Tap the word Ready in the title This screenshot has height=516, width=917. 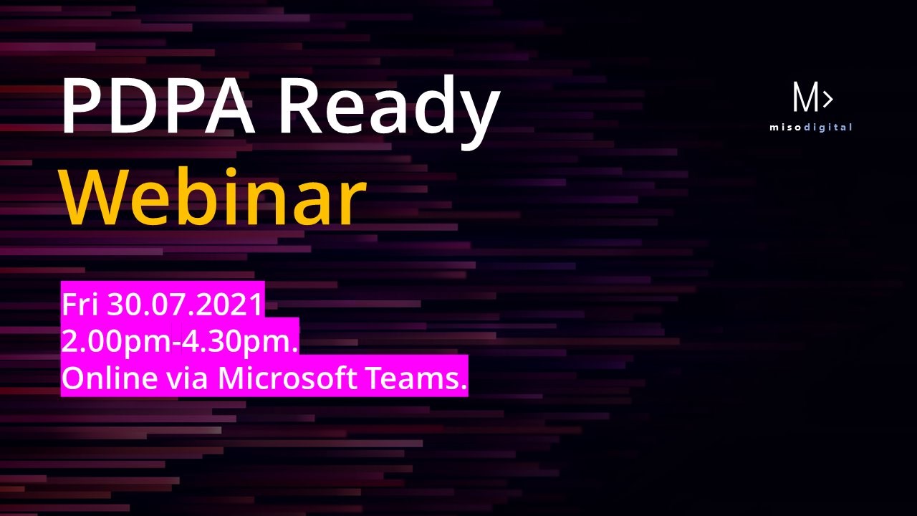click(x=390, y=110)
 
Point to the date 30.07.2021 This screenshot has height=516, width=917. click(x=185, y=305)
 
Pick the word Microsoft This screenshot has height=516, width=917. click(x=287, y=377)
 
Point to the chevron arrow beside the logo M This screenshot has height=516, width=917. click(x=827, y=100)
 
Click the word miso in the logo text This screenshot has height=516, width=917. click(x=786, y=128)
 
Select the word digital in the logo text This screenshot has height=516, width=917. click(x=827, y=128)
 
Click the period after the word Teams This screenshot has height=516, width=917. click(x=463, y=386)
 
